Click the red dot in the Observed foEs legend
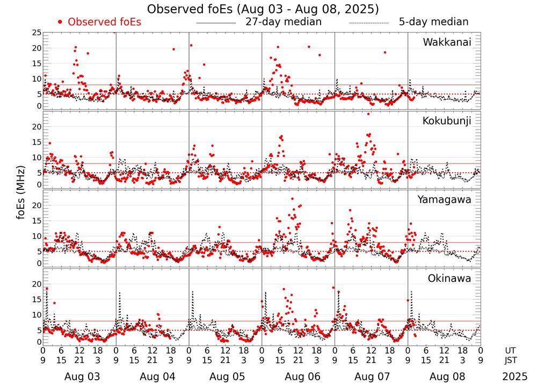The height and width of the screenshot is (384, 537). point(60,22)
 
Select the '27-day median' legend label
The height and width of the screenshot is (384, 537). point(284,22)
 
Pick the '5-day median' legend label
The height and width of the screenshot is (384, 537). point(433,22)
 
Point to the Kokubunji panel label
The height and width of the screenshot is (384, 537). point(446,121)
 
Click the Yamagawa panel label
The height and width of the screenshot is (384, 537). point(444,200)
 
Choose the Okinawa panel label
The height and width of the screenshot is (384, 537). point(449,279)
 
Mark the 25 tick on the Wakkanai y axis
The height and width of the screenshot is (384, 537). point(37,33)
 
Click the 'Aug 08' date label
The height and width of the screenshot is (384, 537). point(444,377)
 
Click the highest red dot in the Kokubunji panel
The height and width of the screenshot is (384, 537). point(368,113)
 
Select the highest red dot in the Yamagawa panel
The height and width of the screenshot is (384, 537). point(293,199)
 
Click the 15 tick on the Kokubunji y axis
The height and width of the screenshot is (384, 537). point(37,142)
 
